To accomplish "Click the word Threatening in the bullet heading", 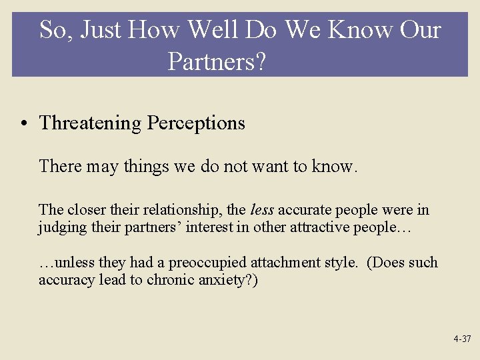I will click(x=90, y=123).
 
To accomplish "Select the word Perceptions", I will click(x=196, y=123).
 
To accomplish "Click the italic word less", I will click(x=262, y=210).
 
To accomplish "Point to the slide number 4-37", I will click(x=462, y=339).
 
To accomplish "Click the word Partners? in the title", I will click(x=217, y=61).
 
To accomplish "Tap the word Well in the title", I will click(x=213, y=30).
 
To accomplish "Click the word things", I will click(x=146, y=166).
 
